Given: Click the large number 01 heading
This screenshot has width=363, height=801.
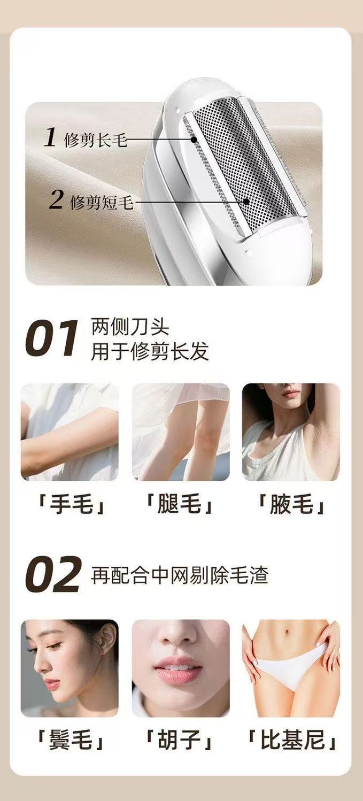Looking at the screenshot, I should pos(51,338).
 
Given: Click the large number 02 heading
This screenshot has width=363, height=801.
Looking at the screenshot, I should pos(53,574).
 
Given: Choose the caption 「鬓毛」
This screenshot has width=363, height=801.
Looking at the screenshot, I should pos(69,741).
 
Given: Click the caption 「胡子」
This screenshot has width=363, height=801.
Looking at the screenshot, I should pos(180,741).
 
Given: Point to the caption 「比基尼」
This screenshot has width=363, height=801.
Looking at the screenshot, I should pos(291,741).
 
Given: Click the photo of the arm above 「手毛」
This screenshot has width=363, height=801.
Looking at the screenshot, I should pos(69,432).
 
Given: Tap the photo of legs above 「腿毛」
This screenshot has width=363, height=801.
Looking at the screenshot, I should pos(181,432).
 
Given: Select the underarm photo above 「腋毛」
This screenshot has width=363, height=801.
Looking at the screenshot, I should pos(291,432).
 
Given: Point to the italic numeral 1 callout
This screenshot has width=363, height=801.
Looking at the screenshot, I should pos(50,137).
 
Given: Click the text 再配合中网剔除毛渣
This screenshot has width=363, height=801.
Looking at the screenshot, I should pos(179,575).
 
